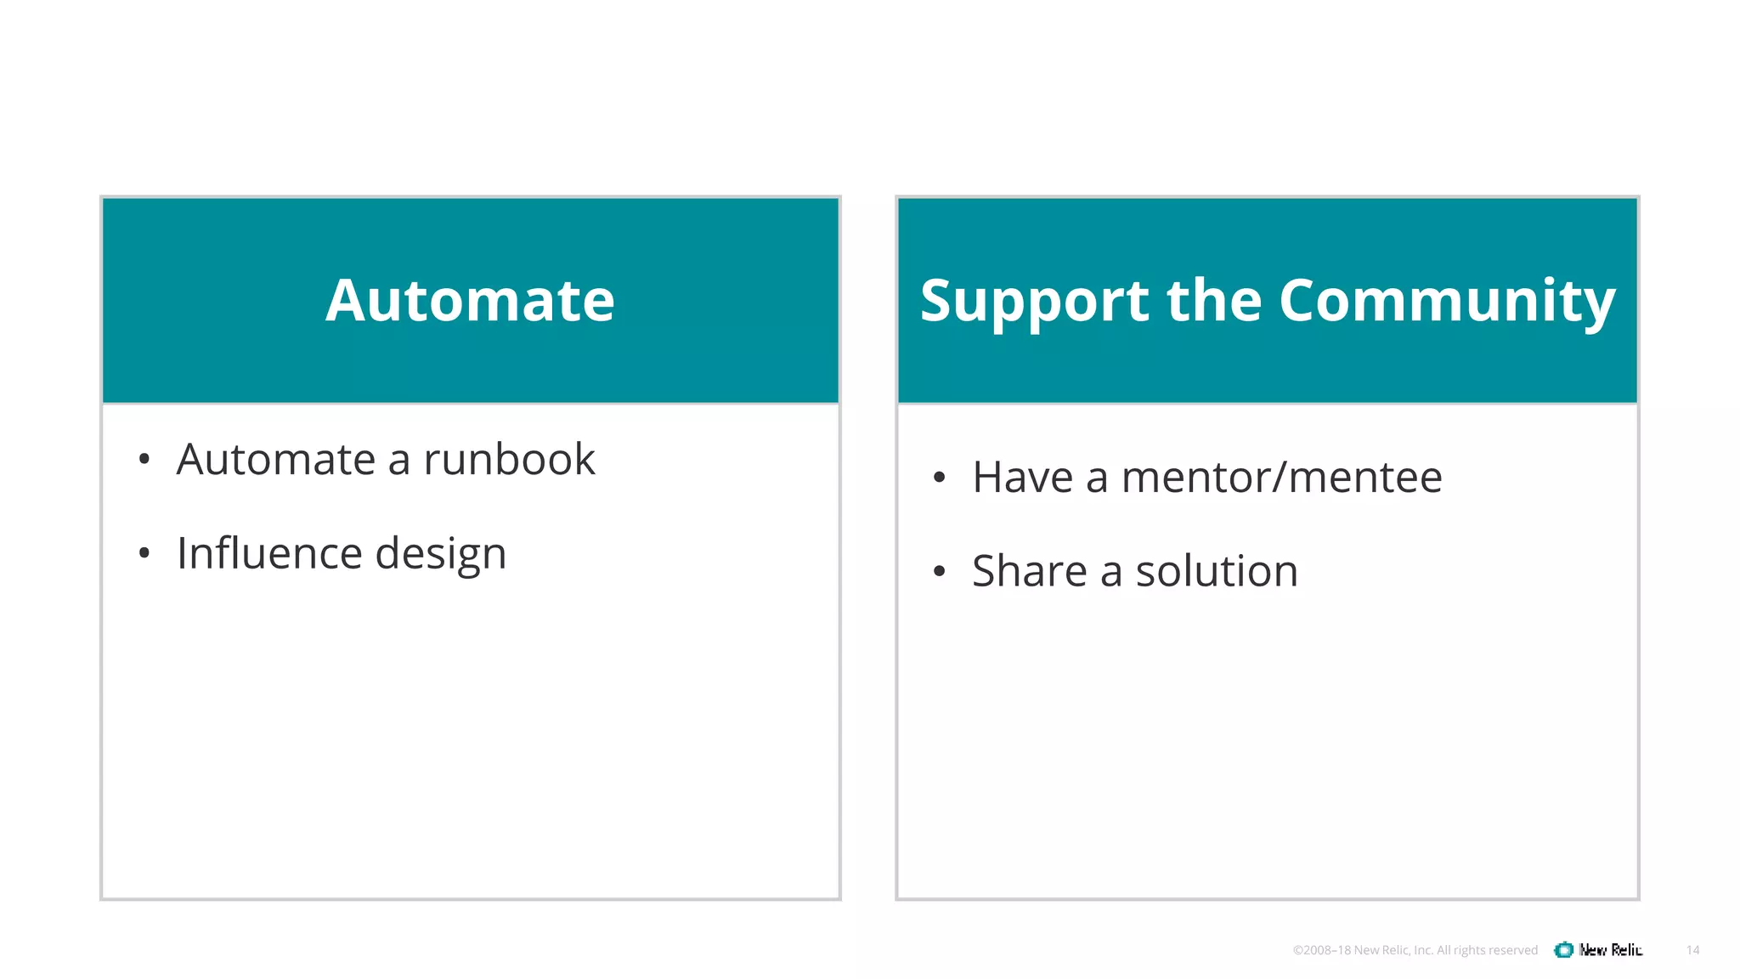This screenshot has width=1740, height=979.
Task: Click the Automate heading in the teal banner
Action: pos(470,301)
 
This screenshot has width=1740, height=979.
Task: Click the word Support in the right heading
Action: pos(1032,303)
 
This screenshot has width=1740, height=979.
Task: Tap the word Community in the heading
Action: pos(1446,303)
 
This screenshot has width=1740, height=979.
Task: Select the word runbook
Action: pos(509,460)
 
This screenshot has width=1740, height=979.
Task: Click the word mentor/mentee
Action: pos(1281,478)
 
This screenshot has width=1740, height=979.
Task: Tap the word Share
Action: pos(1029,571)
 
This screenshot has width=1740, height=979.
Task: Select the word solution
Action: pos(1217,571)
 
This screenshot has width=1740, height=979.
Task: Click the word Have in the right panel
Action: pos(1022,478)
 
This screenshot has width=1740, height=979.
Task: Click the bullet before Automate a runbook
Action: pos(144,461)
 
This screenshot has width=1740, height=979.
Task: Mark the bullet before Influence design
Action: pos(144,554)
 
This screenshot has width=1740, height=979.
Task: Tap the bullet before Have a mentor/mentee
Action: pos(939,478)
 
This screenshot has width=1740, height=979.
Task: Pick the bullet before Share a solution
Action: pos(939,571)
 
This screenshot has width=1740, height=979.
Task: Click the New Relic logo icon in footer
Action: pos(1563,950)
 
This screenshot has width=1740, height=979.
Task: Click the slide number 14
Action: pos(1692,950)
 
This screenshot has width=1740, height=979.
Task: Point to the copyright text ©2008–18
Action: pos(1321,950)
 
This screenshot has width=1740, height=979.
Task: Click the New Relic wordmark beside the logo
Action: pos(1611,950)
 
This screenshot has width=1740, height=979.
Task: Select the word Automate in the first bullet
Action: pos(275,460)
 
